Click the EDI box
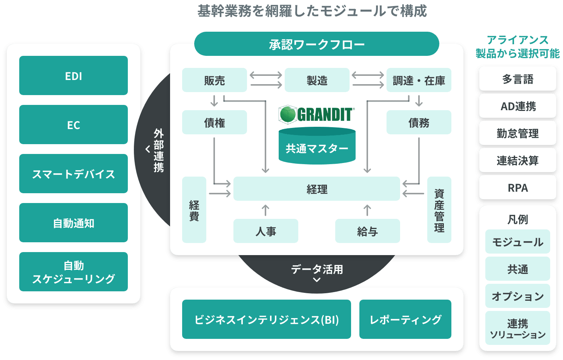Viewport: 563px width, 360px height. pyautogui.click(x=74, y=75)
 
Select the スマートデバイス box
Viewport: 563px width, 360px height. pyautogui.click(x=74, y=174)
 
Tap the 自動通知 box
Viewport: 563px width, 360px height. pyautogui.click(x=74, y=223)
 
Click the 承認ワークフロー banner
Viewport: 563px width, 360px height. pyautogui.click(x=316, y=44)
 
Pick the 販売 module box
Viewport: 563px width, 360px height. pyautogui.click(x=214, y=80)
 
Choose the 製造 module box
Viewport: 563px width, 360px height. pyautogui.click(x=317, y=80)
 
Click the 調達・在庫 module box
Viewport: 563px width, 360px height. pyautogui.click(x=419, y=80)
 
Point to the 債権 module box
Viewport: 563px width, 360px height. pyautogui.click(x=214, y=122)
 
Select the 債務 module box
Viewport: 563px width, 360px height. pyautogui.click(x=419, y=122)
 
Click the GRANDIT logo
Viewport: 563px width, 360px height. pyautogui.click(x=316, y=114)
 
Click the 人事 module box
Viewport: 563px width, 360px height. pyautogui.click(x=265, y=231)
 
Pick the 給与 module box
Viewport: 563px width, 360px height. pyautogui.click(x=367, y=231)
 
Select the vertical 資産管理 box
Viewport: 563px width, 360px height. pyautogui.click(x=439, y=210)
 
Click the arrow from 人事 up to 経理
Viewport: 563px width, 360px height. pyautogui.click(x=265, y=210)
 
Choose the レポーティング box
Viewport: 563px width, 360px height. pyautogui.click(x=405, y=319)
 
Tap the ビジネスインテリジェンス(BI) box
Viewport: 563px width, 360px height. pyautogui.click(x=266, y=319)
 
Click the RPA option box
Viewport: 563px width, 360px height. pyautogui.click(x=517, y=187)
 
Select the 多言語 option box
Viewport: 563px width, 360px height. pyautogui.click(x=517, y=78)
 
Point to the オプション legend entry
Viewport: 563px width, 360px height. pyautogui.click(x=517, y=296)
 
